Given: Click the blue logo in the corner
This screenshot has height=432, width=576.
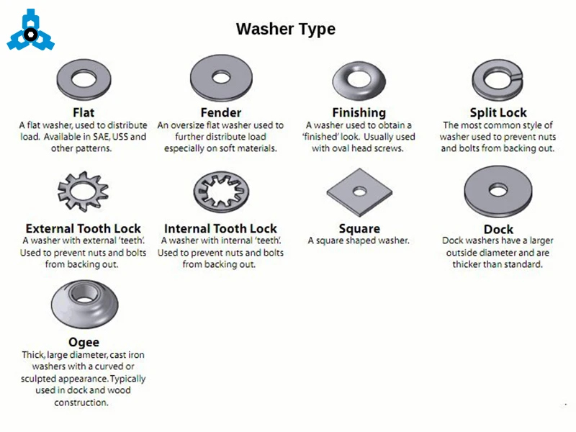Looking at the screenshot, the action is (30, 30).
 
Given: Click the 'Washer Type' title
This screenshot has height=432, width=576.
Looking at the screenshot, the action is (286, 29).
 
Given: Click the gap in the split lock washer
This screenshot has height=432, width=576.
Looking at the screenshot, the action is (517, 77).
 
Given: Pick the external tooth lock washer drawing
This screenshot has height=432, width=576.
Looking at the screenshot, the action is (84, 192).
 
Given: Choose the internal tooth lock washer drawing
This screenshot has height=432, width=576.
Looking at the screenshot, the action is (221, 192).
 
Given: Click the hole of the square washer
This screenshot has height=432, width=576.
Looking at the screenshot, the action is (359, 192).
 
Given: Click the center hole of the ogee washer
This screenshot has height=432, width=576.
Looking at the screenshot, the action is (84, 293).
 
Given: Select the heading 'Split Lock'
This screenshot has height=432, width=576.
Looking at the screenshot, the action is (498, 112).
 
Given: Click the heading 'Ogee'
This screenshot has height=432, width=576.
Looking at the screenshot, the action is (84, 343).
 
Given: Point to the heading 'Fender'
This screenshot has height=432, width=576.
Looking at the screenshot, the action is (221, 112).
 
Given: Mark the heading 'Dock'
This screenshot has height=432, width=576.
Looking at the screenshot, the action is (498, 230).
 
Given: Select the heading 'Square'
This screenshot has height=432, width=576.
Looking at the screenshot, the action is (359, 229).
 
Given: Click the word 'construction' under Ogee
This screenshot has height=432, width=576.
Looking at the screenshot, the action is (81, 402).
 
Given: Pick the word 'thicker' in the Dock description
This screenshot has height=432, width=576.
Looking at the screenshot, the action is (466, 264).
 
